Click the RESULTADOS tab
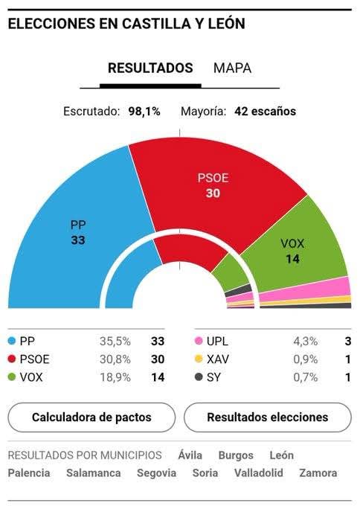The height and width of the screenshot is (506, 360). (x=150, y=68)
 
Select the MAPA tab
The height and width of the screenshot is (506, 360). (x=232, y=68)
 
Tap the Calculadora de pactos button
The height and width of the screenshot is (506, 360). (x=91, y=417)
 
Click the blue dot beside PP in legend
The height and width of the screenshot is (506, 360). (x=12, y=342)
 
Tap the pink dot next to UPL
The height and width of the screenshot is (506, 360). (x=199, y=342)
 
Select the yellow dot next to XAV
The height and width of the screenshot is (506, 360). (x=199, y=359)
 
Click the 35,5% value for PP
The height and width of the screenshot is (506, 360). (x=115, y=342)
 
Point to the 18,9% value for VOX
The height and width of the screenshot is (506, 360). (x=115, y=377)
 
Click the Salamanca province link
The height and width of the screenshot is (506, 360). (x=94, y=473)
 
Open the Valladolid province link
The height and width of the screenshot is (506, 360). (x=259, y=473)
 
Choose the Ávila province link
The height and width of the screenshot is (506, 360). (x=190, y=455)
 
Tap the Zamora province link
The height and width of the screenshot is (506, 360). (x=318, y=473)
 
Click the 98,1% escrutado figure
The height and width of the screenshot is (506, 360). (x=144, y=112)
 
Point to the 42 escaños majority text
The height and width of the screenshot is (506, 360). (x=265, y=112)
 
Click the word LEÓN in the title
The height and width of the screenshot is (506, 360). (x=223, y=24)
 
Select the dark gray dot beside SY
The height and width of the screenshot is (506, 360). (x=199, y=377)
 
